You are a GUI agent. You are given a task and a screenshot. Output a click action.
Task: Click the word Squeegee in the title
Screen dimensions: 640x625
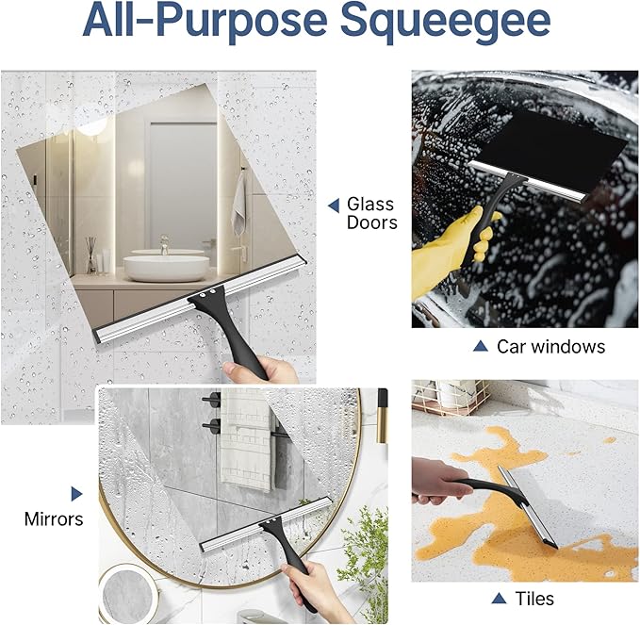[445, 21]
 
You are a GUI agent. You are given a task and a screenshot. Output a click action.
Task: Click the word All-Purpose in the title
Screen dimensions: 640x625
[207, 20]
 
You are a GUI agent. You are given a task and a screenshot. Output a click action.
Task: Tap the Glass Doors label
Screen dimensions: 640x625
[371, 213]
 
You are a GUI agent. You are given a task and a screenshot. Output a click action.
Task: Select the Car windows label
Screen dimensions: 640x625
[550, 347]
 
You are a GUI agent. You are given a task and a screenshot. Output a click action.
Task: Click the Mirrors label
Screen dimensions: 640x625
[54, 519]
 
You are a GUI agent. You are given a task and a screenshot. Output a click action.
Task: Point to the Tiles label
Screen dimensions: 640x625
[534, 599]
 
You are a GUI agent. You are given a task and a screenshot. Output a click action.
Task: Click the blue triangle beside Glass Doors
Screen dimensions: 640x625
[334, 206]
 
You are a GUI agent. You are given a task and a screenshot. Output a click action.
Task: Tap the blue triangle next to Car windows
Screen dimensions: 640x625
[481, 346]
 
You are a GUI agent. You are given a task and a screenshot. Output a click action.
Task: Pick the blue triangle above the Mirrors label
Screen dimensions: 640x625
[76, 494]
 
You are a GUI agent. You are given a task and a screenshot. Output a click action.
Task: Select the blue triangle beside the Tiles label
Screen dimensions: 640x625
[499, 599]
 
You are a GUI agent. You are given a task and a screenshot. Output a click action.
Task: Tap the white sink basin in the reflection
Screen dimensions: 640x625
[166, 268]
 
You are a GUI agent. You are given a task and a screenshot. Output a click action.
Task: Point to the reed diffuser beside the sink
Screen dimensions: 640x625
[91, 255]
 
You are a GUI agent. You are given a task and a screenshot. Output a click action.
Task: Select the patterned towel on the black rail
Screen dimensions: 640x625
[246, 439]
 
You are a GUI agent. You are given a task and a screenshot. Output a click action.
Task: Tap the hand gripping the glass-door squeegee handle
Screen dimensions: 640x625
[260, 370]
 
